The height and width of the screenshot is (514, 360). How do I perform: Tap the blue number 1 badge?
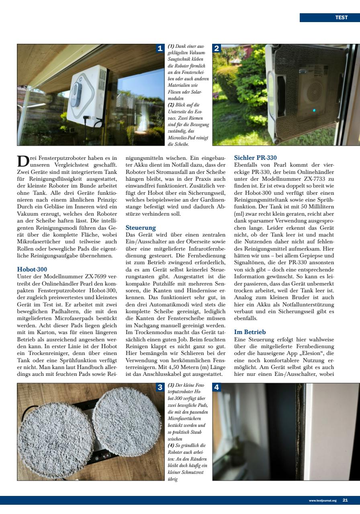coord(160,49)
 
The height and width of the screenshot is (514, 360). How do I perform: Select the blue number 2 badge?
coord(216,49)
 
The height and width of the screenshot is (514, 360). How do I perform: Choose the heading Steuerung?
coord(138,228)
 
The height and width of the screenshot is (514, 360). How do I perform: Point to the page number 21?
coord(345,500)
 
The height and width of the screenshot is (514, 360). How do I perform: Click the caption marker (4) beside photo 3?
coord(171,445)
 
